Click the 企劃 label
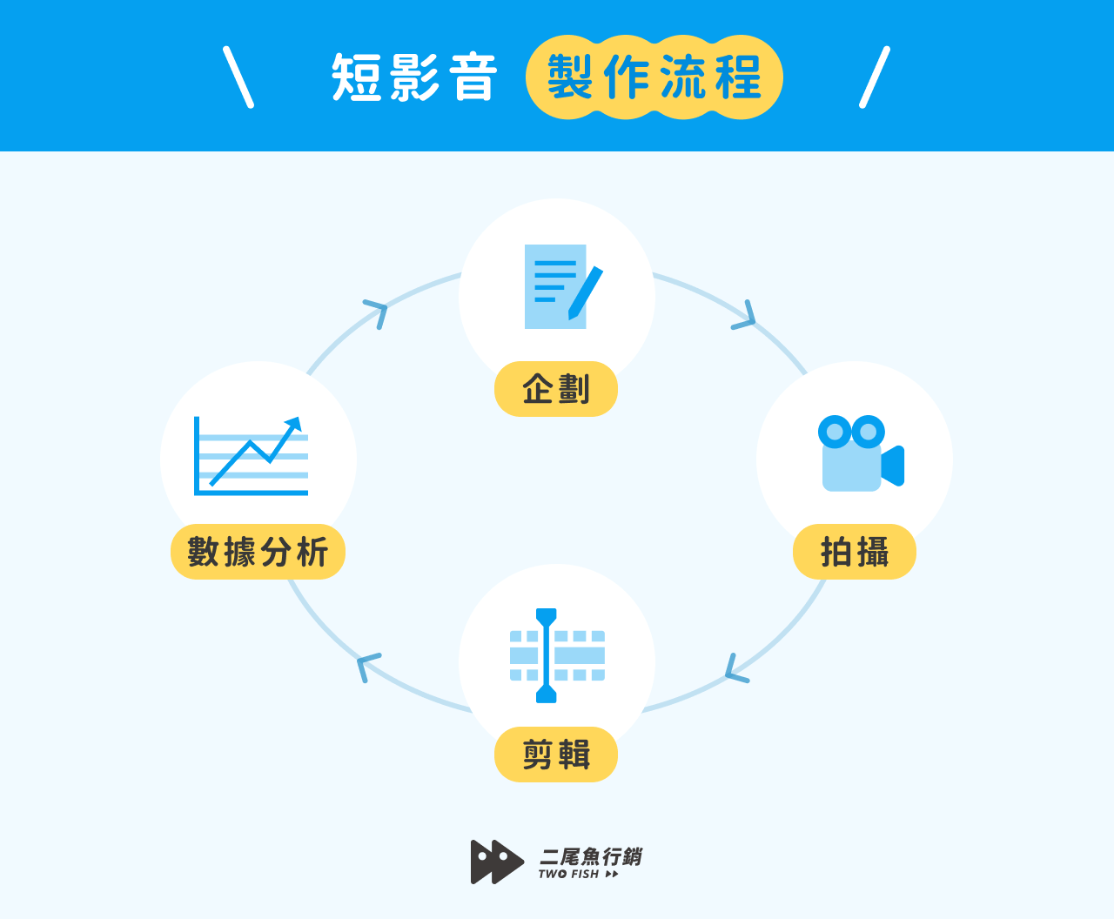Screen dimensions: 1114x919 556,389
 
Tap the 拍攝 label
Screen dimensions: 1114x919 854,552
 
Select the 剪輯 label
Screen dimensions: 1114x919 556,755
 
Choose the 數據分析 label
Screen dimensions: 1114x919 258,552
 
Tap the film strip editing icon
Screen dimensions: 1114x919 557,655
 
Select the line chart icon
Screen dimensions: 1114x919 251,456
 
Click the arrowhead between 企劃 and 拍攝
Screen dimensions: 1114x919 746,318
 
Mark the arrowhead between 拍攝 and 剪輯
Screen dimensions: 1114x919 735,670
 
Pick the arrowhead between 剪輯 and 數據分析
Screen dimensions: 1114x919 366,666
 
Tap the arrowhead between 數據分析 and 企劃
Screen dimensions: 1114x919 377,311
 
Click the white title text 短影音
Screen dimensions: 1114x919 413,77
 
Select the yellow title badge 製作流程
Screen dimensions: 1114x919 654,77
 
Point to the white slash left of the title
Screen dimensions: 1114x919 238,77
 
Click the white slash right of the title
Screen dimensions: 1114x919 875,77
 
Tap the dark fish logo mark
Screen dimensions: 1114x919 496,862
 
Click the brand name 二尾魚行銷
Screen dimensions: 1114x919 591,856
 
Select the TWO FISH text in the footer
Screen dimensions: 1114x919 569,875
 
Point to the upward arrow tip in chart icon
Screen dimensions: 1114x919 296,422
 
